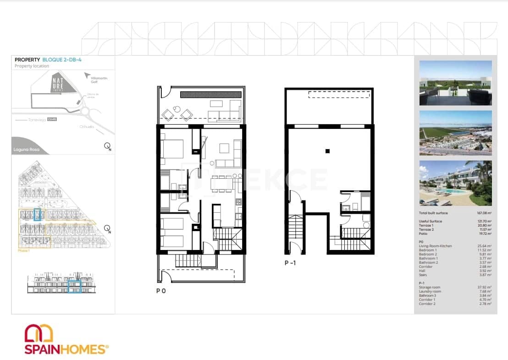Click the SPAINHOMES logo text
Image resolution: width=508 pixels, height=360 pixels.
65,349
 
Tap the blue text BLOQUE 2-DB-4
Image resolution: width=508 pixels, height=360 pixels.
62,60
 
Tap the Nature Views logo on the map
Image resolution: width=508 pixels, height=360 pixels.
57,83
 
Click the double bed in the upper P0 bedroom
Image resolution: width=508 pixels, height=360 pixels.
172,149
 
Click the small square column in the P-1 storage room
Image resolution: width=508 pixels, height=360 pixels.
327,151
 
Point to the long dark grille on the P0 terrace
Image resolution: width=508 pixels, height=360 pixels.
210,94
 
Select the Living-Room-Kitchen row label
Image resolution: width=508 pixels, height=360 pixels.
435,246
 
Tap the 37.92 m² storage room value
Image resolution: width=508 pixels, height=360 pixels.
485,288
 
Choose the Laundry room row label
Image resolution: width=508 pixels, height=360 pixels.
430,291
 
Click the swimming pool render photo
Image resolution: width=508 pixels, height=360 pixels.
455,183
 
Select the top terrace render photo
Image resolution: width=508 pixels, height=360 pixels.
455,83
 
